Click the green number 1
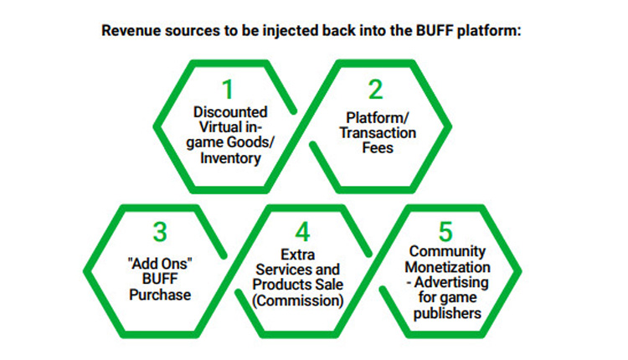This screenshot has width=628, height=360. [x=228, y=89]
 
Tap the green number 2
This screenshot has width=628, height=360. [x=376, y=89]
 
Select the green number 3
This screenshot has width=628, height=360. [x=160, y=231]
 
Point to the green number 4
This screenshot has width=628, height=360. [x=302, y=231]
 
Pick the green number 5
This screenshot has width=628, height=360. [x=445, y=231]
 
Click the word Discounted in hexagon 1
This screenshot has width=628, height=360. [x=230, y=111]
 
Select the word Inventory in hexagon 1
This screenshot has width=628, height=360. [x=230, y=157]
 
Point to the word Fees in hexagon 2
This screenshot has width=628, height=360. [x=378, y=147]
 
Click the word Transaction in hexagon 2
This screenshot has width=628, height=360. [x=378, y=132]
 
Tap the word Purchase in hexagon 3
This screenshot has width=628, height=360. [x=160, y=295]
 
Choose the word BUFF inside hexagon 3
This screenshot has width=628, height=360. [x=160, y=279]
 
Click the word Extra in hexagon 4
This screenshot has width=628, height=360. [x=297, y=255]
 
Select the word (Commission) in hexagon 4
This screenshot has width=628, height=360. [x=297, y=301]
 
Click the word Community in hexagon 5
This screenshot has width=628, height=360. [x=447, y=251]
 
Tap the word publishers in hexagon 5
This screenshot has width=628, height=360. [x=447, y=313]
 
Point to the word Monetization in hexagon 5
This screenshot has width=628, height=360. [x=447, y=267]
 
